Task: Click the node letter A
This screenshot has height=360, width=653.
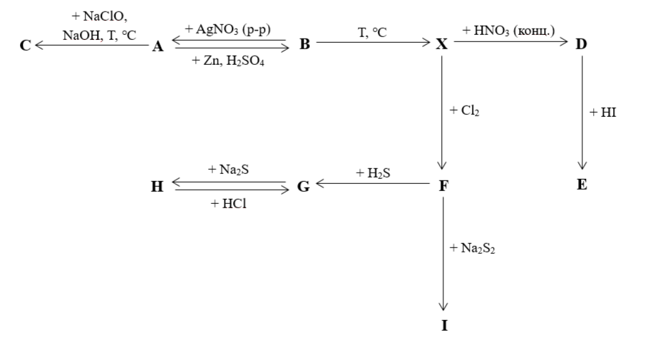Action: (x=158, y=46)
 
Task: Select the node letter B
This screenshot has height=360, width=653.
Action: (x=305, y=45)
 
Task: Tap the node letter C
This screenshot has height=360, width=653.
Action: (x=26, y=46)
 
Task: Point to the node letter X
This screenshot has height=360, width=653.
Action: (x=443, y=45)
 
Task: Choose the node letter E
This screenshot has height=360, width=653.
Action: (x=582, y=185)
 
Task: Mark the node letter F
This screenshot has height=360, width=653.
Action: (x=443, y=185)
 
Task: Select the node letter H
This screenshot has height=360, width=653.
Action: (x=158, y=187)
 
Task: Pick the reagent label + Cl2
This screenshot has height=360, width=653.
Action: (x=465, y=112)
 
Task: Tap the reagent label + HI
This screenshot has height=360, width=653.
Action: (x=603, y=113)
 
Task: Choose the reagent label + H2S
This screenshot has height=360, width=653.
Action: (x=373, y=173)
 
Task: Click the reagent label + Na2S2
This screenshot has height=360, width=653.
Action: (x=471, y=248)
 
